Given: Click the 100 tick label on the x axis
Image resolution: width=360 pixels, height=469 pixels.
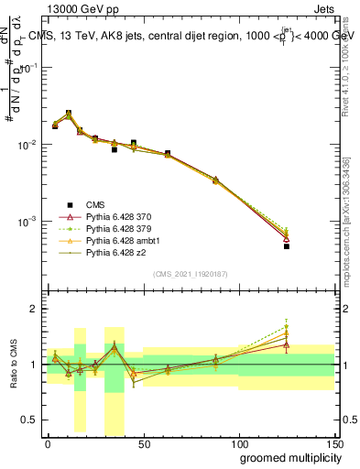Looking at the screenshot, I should click(x=239, y=443).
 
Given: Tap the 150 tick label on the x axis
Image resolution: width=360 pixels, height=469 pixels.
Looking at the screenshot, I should click(x=335, y=443).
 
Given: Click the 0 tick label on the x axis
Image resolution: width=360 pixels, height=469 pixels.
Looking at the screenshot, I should click(x=48, y=443).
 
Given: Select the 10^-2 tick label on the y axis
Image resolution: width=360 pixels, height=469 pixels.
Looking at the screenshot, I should click(x=27, y=145).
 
